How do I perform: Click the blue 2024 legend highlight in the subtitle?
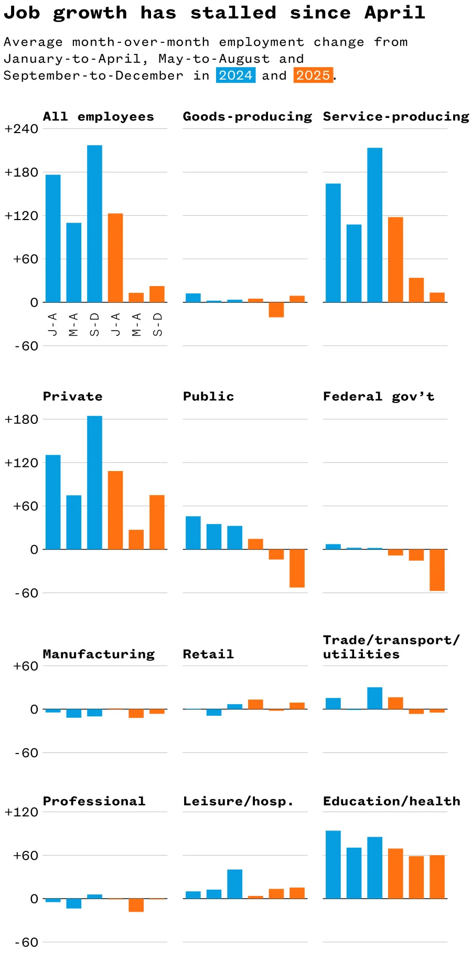tap(235, 75)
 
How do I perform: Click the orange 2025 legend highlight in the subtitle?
tap(313, 75)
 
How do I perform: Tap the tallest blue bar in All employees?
tap(94, 223)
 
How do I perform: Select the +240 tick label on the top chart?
tap(21, 129)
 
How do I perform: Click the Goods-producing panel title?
tap(247, 116)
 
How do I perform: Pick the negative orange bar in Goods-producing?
tap(276, 310)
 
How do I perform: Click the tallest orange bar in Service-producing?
tap(395, 259)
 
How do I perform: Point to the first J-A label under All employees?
tap(52, 324)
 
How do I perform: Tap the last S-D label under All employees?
tap(157, 324)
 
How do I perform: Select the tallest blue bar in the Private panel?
tap(94, 482)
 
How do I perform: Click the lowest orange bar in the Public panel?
tap(297, 568)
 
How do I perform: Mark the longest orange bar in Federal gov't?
tap(437, 570)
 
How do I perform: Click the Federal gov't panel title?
tap(379, 397)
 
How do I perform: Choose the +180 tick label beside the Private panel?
tap(21, 420)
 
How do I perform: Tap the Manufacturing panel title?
tap(99, 654)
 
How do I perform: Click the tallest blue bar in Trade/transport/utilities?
tap(374, 698)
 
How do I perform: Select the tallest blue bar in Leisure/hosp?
tap(234, 884)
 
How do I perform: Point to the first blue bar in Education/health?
tap(333, 865)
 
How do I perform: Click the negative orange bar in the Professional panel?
tap(136, 905)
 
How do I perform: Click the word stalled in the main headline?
tap(233, 13)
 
